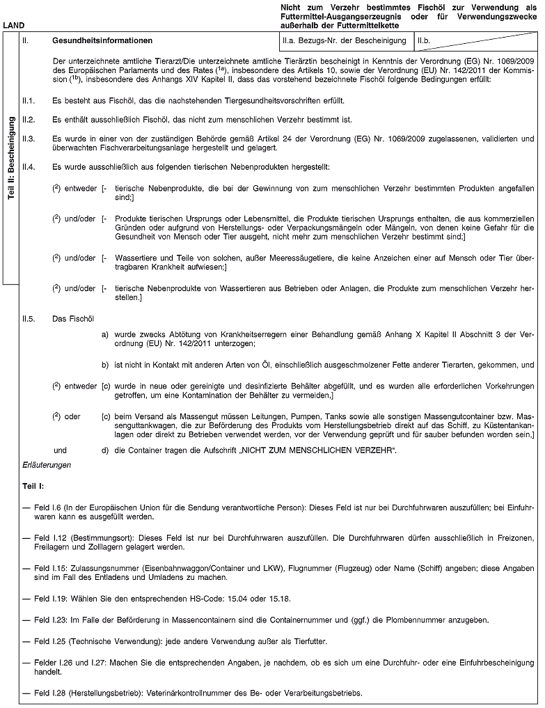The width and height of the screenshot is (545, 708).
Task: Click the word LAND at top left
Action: [14, 27]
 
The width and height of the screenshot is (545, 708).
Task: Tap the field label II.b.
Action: [425, 41]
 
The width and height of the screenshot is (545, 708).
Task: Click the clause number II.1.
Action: [29, 101]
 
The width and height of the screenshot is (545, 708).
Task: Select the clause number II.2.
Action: [29, 120]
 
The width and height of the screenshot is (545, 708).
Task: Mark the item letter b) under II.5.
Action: [105, 364]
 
